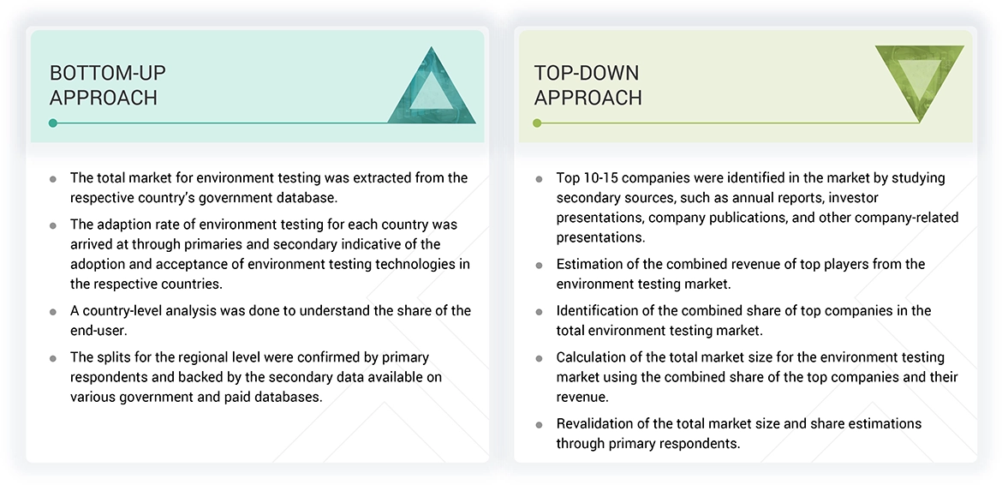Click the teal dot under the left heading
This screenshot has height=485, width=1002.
tap(53, 123)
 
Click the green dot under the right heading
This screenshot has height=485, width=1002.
tap(537, 123)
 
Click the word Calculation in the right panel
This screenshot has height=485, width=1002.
tap(593, 356)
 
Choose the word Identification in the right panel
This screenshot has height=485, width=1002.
tap(599, 310)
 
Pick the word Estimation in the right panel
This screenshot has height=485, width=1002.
tap(590, 264)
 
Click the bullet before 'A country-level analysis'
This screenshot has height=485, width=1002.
tap(53, 311)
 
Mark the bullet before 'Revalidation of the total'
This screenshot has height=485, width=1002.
tap(539, 424)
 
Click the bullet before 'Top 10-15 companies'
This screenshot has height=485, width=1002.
tap(539, 179)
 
